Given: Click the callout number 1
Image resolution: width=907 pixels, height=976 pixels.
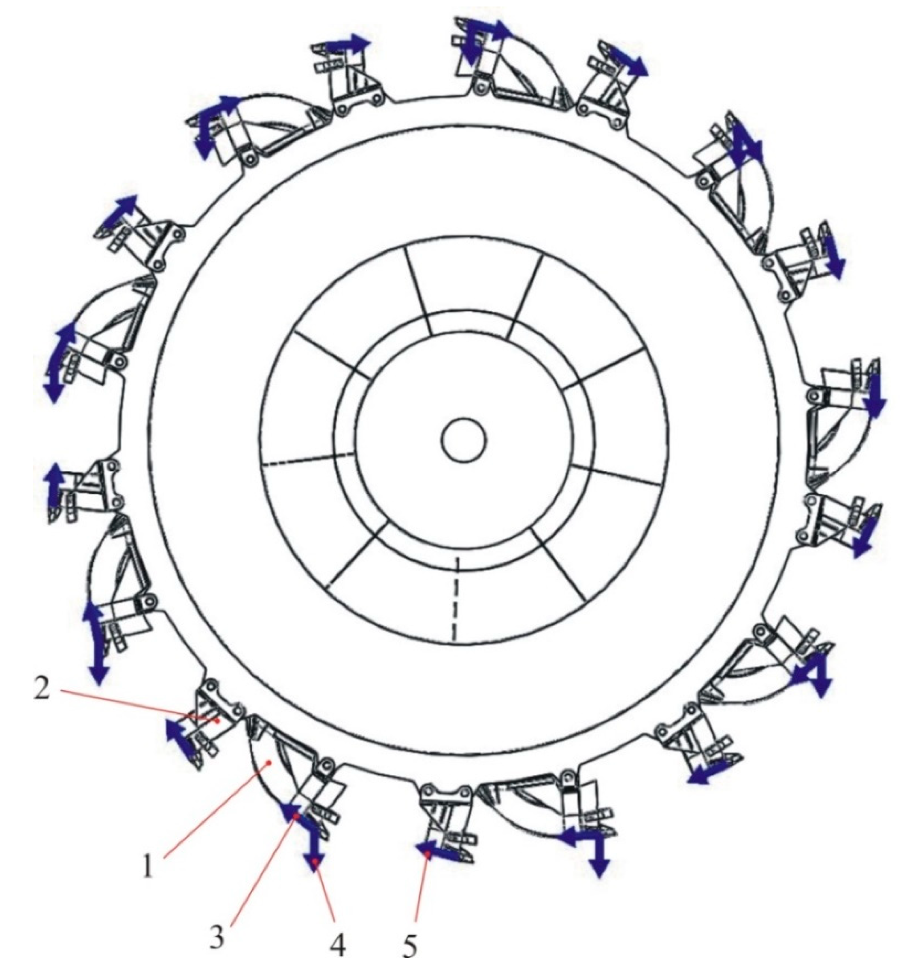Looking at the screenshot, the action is [148, 868].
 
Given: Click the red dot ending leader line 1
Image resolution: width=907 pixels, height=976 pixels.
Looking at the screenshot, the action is [268, 761].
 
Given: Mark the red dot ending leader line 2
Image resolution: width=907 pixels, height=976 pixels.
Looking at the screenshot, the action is [217, 720].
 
